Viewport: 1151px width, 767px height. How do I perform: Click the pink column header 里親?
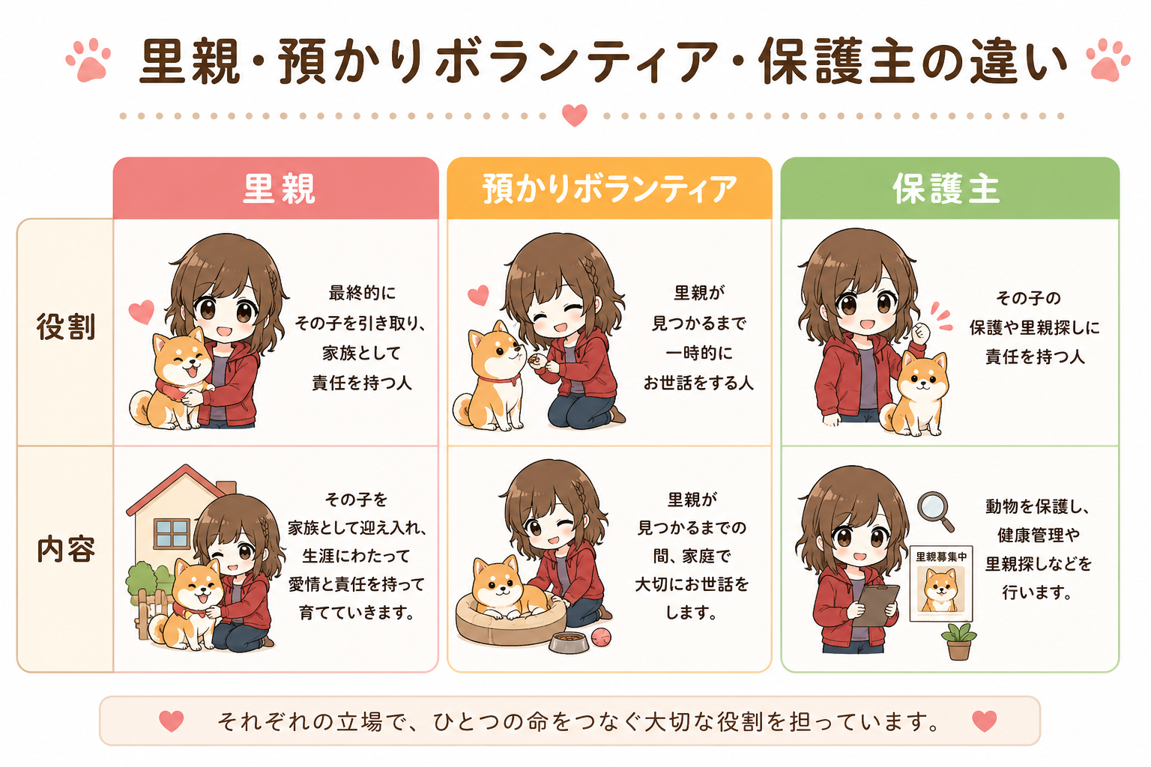(x=278, y=189)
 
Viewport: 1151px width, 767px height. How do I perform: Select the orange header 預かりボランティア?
(x=610, y=189)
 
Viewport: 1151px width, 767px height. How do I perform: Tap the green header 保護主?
(x=946, y=189)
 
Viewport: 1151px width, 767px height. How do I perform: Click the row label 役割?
(x=66, y=327)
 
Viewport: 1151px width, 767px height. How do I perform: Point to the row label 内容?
(x=66, y=549)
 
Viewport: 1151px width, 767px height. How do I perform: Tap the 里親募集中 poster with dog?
(x=941, y=583)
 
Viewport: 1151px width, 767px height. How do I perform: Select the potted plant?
(x=958, y=641)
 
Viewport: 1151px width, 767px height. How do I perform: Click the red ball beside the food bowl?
(x=601, y=637)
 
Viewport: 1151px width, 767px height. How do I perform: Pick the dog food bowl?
(x=569, y=642)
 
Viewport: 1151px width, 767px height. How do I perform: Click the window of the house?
(x=172, y=533)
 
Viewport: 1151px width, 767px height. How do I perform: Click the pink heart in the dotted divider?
(x=575, y=115)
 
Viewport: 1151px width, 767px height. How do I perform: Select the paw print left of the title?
(x=88, y=60)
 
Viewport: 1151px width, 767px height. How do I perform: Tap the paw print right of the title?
(x=1108, y=60)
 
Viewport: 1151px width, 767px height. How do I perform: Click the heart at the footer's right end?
(x=985, y=721)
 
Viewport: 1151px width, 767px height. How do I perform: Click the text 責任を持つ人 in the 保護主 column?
(x=1035, y=357)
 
